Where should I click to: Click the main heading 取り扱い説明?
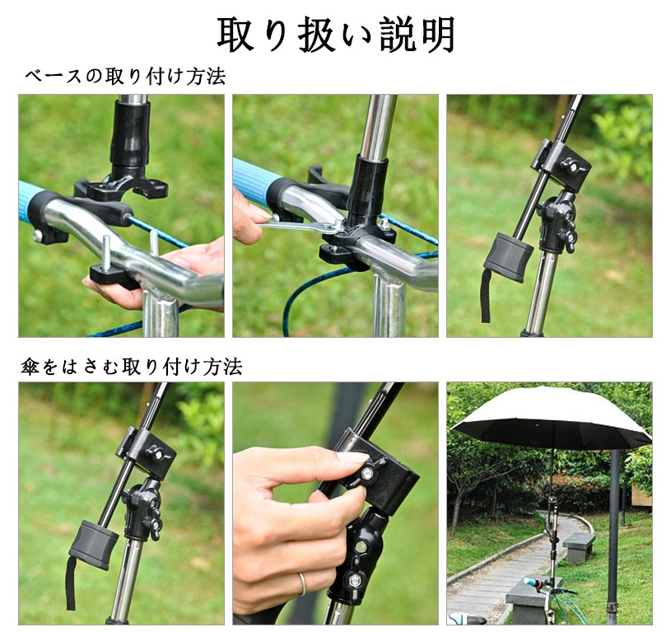(336, 35)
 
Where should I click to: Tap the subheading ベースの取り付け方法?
(125, 77)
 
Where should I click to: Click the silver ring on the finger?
(302, 584)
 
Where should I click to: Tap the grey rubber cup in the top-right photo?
(507, 258)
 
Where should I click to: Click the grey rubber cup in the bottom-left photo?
(93, 544)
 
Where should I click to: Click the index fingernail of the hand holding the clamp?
(352, 458)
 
